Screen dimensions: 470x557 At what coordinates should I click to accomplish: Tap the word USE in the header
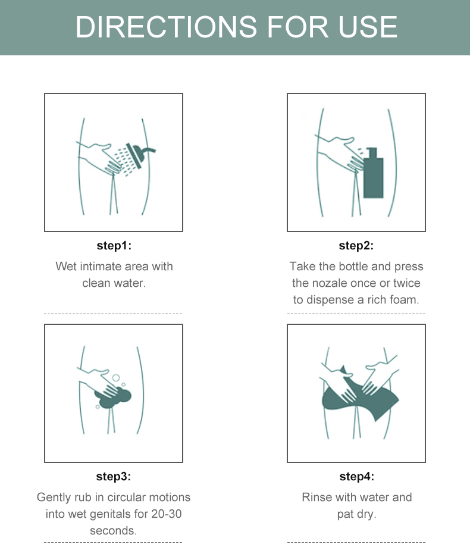tap(368, 27)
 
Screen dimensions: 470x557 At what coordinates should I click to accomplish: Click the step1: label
tap(114, 245)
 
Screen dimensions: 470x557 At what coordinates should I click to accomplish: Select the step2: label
tap(356, 245)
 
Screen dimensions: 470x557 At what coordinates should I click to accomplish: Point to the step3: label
tap(114, 476)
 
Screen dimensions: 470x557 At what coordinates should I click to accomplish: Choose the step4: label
tap(357, 476)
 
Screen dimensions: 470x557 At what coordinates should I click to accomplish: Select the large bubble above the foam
tap(116, 378)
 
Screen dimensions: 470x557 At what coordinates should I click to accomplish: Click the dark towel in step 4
tap(359, 395)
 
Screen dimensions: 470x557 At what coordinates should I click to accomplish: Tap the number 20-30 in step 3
tap(166, 514)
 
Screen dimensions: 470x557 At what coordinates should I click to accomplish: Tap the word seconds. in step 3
tap(113, 531)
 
